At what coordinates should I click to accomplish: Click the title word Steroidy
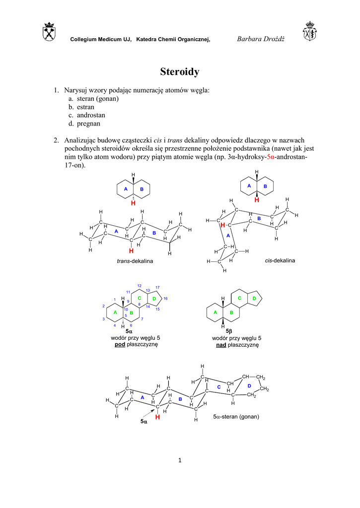click(x=180, y=72)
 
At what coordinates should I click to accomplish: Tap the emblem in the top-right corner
click(x=310, y=31)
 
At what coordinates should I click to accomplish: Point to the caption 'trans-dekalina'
click(x=135, y=261)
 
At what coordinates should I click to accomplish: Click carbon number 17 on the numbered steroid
click(x=157, y=288)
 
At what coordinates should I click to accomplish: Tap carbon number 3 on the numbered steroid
click(x=103, y=319)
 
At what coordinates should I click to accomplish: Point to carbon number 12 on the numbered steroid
click(x=140, y=286)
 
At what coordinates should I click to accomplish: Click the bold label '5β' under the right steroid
click(x=229, y=330)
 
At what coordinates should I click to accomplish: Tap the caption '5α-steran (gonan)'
click(x=236, y=417)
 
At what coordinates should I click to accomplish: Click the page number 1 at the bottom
click(x=180, y=460)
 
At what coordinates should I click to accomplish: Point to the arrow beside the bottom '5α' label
click(x=149, y=413)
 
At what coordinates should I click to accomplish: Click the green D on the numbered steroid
click(x=154, y=298)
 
